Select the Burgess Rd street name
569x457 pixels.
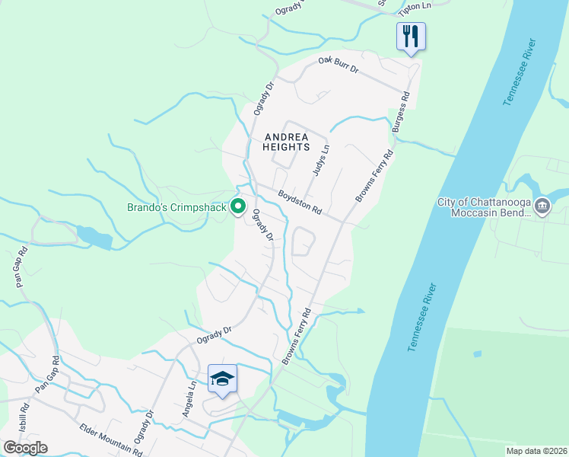(x=401, y=113)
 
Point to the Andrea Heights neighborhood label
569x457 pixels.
(x=286, y=142)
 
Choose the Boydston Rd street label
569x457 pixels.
(x=300, y=201)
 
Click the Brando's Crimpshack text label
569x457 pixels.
(x=176, y=207)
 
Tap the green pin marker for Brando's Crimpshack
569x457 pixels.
(x=237, y=206)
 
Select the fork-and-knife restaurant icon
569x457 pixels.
(x=411, y=36)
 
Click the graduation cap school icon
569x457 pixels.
(x=222, y=379)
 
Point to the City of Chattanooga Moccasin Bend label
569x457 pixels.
(x=484, y=207)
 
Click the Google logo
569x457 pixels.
(x=25, y=448)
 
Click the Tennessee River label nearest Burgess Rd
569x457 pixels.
(x=520, y=72)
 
